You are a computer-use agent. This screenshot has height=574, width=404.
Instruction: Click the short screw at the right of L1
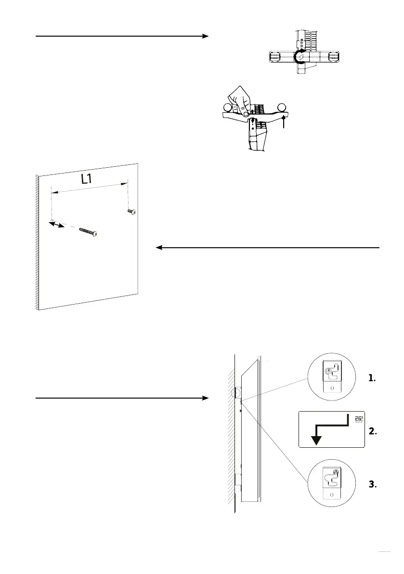pyautogui.click(x=131, y=211)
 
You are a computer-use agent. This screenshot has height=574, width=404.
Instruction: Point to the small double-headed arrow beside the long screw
pyautogui.click(x=57, y=224)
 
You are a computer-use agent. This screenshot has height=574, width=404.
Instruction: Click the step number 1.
pyautogui.click(x=371, y=379)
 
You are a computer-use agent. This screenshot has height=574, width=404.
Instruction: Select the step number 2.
pyautogui.click(x=371, y=432)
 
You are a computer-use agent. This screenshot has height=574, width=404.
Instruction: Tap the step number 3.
pyautogui.click(x=371, y=485)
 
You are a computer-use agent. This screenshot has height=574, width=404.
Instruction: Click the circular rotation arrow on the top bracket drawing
pyautogui.click(x=300, y=56)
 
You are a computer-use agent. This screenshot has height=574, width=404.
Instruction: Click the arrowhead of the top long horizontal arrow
pyautogui.click(x=206, y=36)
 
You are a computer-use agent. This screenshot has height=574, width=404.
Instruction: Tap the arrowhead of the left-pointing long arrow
pyautogui.click(x=159, y=248)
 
